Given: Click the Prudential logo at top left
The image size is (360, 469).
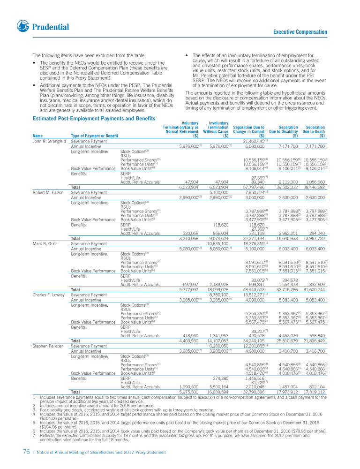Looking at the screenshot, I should (x=43, y=26).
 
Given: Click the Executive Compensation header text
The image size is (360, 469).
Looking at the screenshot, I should (x=300, y=32).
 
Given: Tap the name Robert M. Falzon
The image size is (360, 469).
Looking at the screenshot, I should (x=48, y=192).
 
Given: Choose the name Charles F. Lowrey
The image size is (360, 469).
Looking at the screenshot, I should (x=48, y=295).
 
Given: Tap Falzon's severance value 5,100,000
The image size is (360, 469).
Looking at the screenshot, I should (x=218, y=192).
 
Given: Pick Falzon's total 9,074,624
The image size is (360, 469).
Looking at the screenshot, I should (x=218, y=238).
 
